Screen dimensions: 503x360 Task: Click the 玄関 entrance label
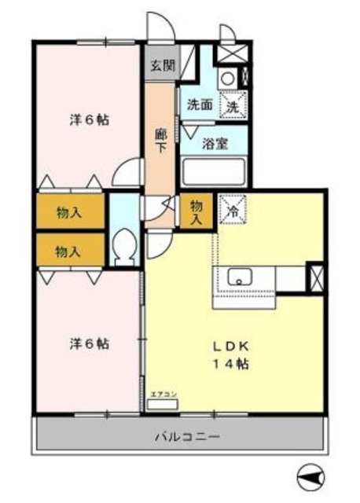(x=161, y=65)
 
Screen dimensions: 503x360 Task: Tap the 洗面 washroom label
(x=200, y=105)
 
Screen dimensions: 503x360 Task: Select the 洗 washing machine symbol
(x=234, y=104)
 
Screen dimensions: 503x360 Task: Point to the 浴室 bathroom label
(x=215, y=144)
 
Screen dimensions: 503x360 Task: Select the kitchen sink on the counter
(x=238, y=278)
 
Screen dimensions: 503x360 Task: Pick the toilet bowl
(x=124, y=248)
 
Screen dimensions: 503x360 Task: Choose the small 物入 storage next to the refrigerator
(x=197, y=211)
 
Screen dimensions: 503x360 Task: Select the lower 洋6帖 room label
(x=88, y=343)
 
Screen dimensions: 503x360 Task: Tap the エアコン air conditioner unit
(x=163, y=402)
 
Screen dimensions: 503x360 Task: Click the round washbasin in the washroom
(x=226, y=77)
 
